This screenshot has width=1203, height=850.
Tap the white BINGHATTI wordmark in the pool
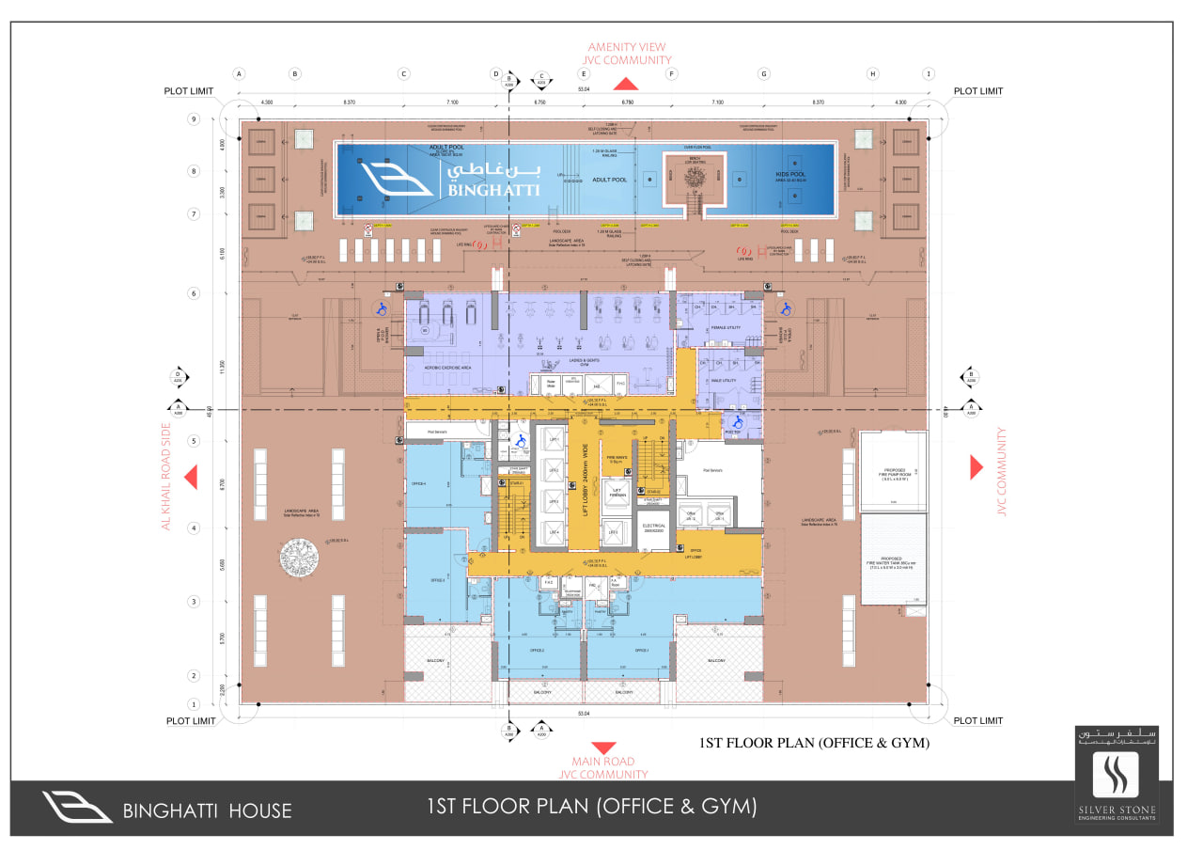click(508, 189)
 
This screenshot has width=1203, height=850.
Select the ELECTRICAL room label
click(653, 527)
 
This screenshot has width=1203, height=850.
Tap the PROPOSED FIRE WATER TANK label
click(893, 560)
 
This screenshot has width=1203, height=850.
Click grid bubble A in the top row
click(239, 73)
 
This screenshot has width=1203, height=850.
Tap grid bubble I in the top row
click(929, 73)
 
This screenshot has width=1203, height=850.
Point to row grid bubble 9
click(195, 119)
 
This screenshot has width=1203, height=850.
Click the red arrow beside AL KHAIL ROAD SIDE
click(192, 478)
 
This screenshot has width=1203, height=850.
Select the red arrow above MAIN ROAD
click(605, 748)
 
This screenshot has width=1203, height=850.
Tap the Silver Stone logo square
click(1116, 774)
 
